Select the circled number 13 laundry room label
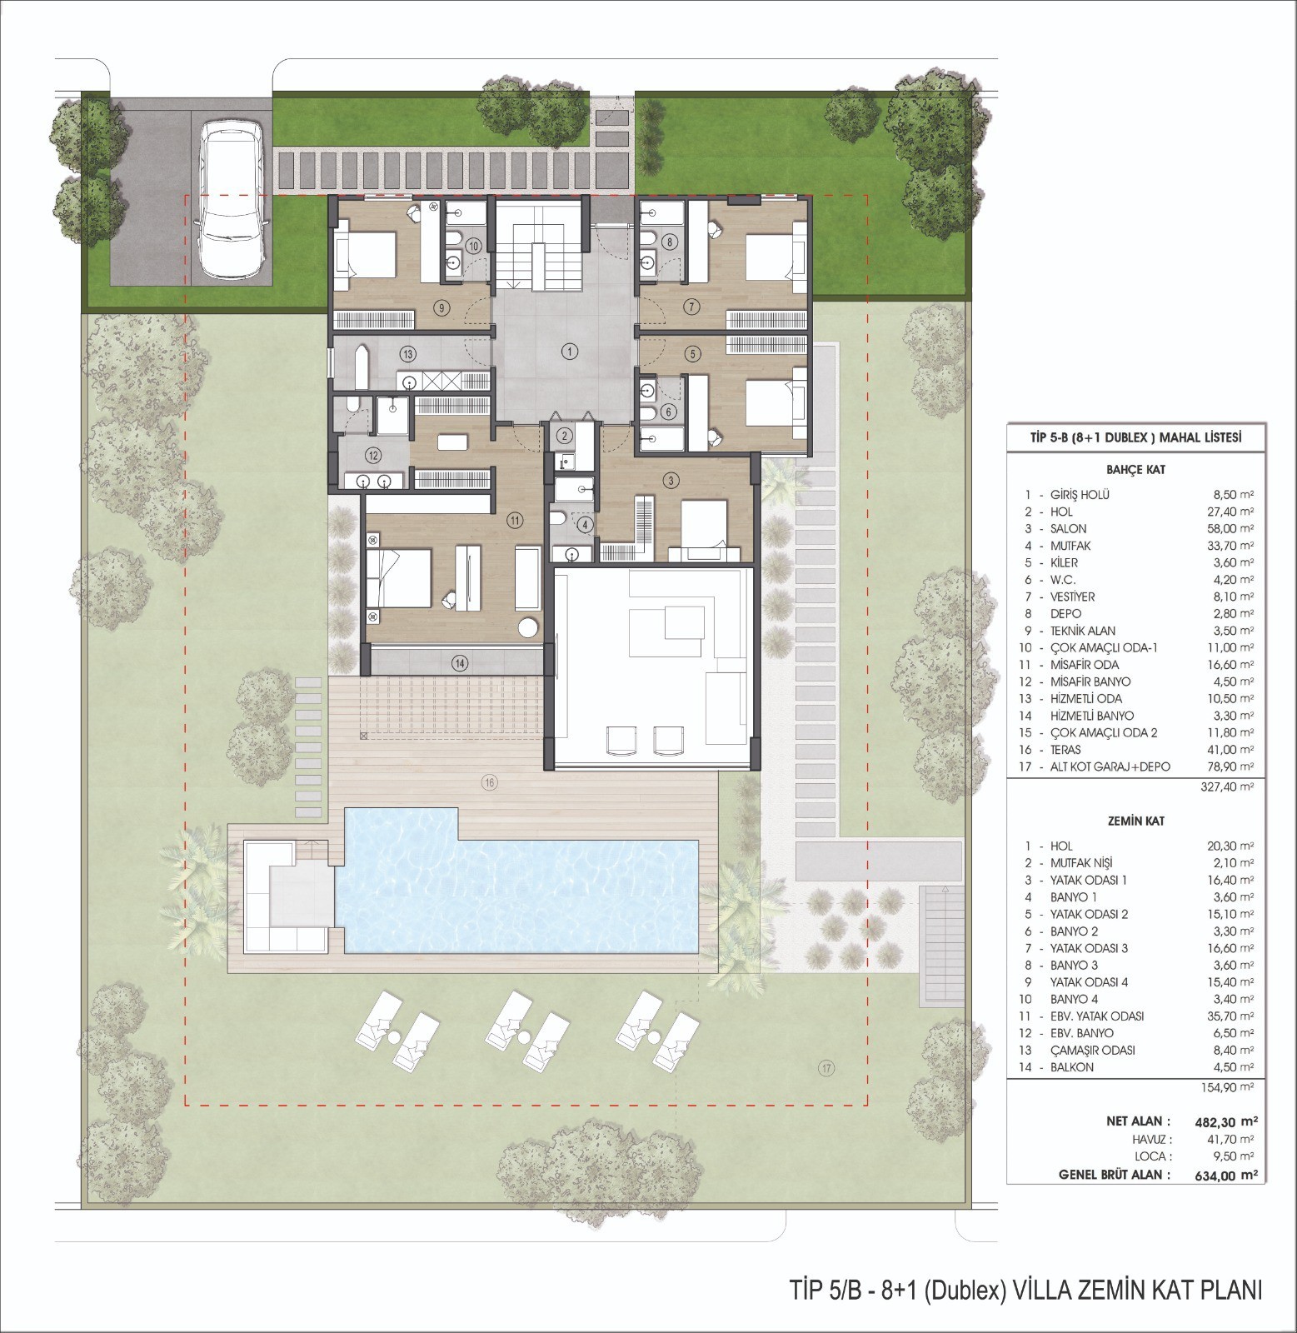(407, 352)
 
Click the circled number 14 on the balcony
(459, 663)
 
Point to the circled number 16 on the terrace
(489, 781)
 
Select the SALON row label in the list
(1068, 528)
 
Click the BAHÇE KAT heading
(1130, 470)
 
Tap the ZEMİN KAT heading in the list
(1130, 821)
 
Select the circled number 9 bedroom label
(441, 306)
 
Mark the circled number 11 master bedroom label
(514, 520)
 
